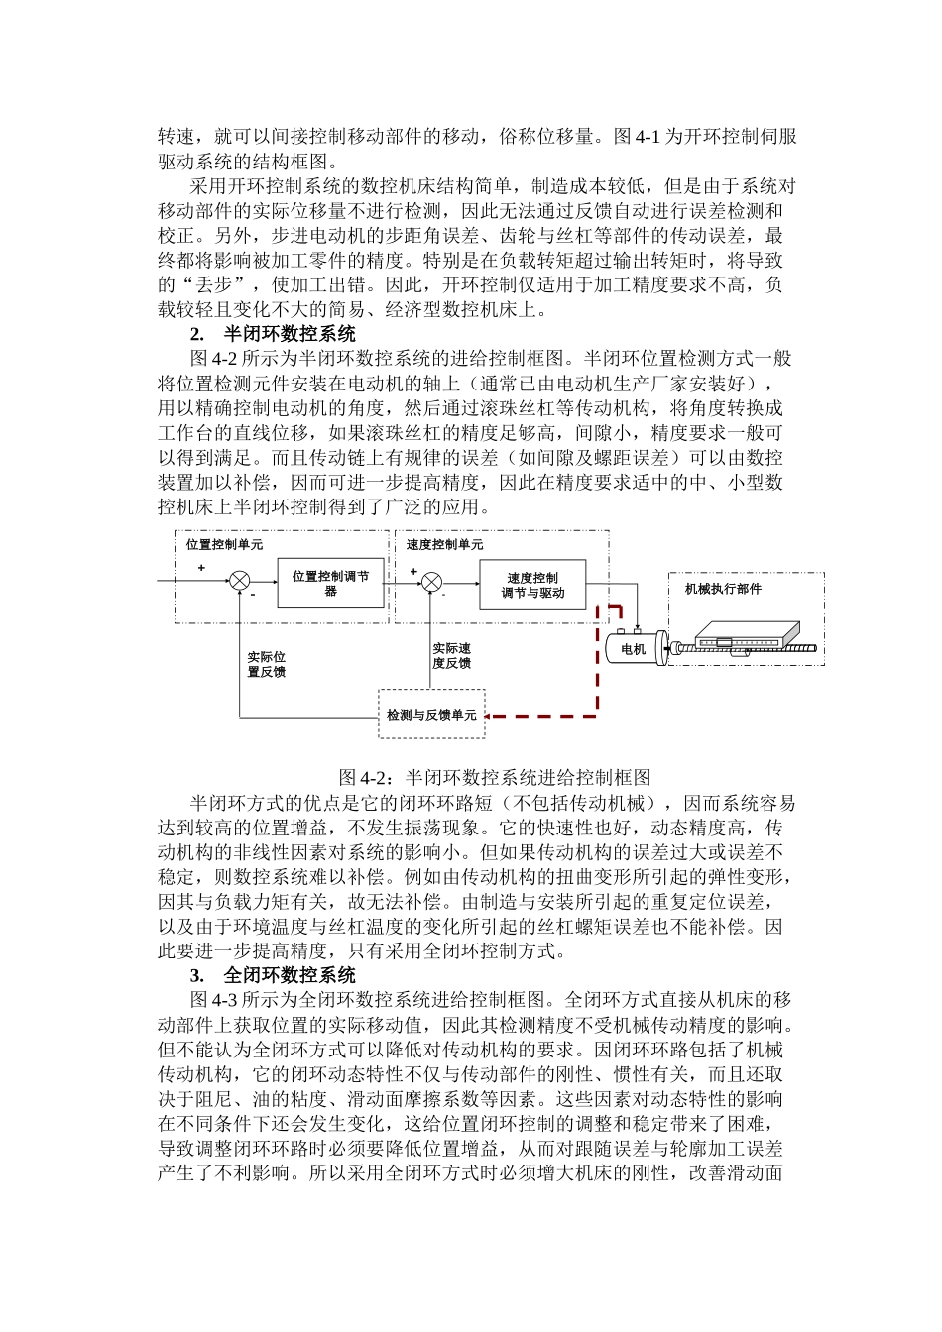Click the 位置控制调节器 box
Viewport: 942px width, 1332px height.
(330, 583)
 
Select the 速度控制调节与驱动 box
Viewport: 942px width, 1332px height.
(532, 585)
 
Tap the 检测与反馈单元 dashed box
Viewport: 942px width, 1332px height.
(431, 715)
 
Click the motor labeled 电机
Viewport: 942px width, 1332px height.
(634, 649)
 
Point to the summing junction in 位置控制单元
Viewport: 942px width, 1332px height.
(239, 582)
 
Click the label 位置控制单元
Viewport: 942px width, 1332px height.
(225, 544)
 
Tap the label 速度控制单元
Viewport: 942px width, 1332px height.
(445, 544)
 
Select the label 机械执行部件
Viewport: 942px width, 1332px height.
(723, 589)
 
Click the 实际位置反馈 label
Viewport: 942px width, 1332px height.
(266, 664)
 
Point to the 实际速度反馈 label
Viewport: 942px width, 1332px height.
(451, 656)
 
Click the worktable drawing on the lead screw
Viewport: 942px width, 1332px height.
(746, 634)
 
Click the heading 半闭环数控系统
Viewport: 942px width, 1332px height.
(290, 334)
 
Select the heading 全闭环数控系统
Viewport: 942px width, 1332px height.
(290, 975)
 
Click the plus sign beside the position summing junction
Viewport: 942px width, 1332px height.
(201, 568)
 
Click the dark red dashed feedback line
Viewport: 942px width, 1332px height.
(597, 674)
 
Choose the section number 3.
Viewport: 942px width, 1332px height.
(197, 975)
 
